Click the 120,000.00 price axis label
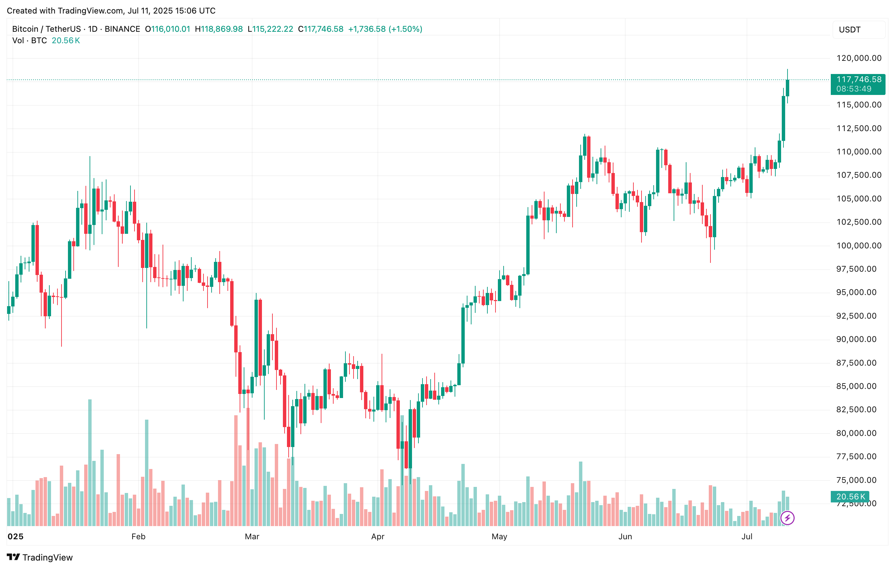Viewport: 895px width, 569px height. (858, 58)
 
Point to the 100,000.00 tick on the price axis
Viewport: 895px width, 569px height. (858, 246)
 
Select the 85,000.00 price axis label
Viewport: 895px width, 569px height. (858, 386)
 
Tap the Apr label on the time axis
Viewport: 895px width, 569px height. (378, 536)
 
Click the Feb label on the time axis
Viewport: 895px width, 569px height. (138, 536)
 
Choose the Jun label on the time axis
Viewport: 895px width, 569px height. (625, 536)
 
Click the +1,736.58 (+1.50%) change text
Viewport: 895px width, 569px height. (385, 29)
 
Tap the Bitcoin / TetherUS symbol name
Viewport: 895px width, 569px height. (46, 29)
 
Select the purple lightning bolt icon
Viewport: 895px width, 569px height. (787, 518)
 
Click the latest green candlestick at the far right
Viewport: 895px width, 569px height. (787, 88)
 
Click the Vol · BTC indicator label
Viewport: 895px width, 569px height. (30, 41)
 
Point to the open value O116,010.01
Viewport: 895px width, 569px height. (167, 29)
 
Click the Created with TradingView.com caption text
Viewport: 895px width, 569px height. (111, 10)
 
